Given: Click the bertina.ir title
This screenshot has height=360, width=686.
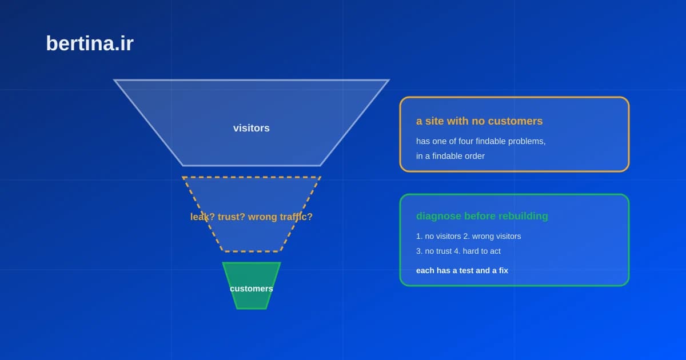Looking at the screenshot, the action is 90,43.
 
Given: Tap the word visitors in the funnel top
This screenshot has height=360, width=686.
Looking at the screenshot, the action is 252,128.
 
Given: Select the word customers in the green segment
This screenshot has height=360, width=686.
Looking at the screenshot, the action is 252,289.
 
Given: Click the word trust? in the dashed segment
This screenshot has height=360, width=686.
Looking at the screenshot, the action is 231,217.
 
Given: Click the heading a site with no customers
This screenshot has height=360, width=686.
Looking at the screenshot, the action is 479,121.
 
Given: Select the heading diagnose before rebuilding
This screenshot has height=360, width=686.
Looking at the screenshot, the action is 482,216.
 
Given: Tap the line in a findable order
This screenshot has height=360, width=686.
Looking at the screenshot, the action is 450,156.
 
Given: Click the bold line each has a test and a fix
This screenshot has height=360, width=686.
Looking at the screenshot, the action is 462,271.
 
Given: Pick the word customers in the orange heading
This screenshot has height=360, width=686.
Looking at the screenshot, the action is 516,121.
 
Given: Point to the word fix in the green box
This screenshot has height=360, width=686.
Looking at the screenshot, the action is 503,271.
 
